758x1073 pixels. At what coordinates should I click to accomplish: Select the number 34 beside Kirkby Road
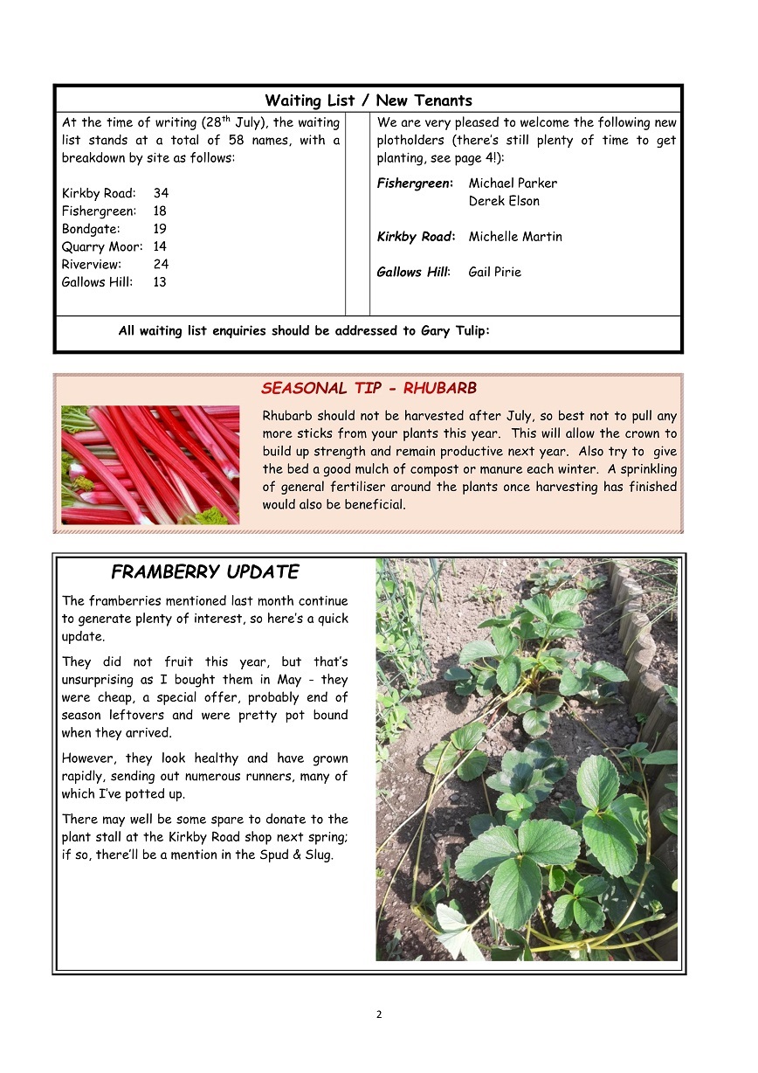click(x=161, y=193)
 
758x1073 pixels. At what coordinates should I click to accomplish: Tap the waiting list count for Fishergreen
click(x=160, y=211)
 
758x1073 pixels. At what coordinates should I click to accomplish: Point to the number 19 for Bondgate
click(x=160, y=229)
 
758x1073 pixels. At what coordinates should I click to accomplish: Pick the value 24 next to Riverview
click(x=161, y=264)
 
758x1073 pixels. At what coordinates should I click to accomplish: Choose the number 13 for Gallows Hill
click(x=160, y=282)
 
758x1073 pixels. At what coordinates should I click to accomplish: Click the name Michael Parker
click(x=513, y=183)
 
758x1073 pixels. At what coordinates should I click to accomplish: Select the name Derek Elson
click(x=504, y=201)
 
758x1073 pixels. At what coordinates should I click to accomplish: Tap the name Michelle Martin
click(x=515, y=237)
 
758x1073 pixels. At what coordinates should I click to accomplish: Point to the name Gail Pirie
click(x=494, y=272)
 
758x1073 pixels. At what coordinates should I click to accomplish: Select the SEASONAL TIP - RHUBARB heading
click(x=369, y=389)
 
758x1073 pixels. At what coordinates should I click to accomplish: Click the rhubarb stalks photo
click(x=150, y=465)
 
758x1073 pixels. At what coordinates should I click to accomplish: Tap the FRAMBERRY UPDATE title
click(x=204, y=572)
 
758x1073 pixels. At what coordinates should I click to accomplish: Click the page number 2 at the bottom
click(x=379, y=1014)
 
